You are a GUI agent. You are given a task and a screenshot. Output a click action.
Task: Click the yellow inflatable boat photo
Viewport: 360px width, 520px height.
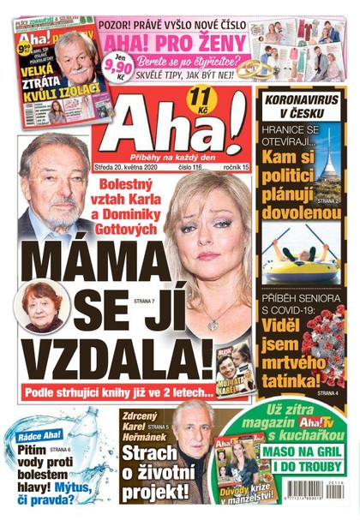click(301, 252)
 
